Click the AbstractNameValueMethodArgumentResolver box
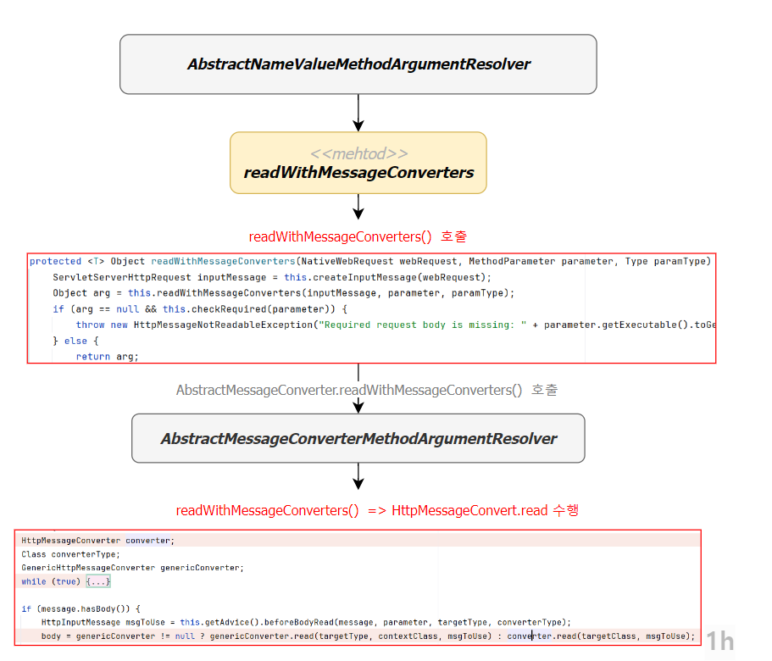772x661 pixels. point(358,64)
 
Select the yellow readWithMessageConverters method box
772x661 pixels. point(358,163)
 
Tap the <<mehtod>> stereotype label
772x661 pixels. point(358,153)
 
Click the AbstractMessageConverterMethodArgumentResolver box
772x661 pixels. point(358,438)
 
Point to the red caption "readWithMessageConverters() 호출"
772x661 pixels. point(357,236)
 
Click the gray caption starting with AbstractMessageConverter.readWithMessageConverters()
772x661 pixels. point(366,390)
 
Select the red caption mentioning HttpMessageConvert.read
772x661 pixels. point(377,510)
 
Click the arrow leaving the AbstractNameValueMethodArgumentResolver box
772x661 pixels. point(358,112)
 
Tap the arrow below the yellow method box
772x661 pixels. point(358,206)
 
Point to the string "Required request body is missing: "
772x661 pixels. point(428,325)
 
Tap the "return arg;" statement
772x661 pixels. point(107,357)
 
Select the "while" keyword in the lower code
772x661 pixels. point(34,581)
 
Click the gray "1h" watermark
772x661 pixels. point(720,641)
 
